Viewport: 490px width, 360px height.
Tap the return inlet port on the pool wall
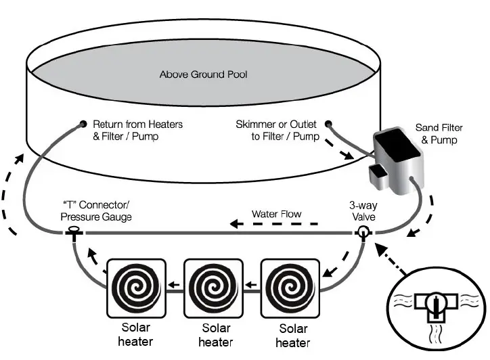[x=83, y=125]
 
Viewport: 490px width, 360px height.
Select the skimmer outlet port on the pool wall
[x=328, y=125]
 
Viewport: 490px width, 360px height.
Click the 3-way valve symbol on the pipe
[x=364, y=233]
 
